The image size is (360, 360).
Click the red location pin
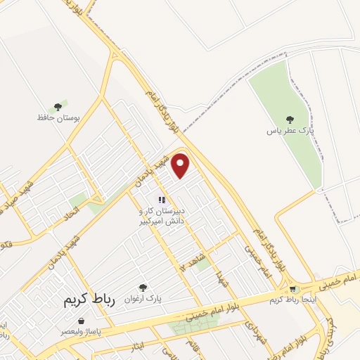pyautogui.click(x=181, y=165)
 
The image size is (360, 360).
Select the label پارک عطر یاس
pyautogui.click(x=289, y=131)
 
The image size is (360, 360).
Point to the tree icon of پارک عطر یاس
pyautogui.click(x=289, y=120)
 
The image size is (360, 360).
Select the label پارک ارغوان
pyautogui.click(x=143, y=298)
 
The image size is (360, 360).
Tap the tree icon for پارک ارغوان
pyautogui.click(x=143, y=287)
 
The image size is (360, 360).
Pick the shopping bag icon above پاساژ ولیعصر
pyautogui.click(x=82, y=321)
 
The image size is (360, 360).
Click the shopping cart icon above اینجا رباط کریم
pyautogui.click(x=292, y=289)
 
